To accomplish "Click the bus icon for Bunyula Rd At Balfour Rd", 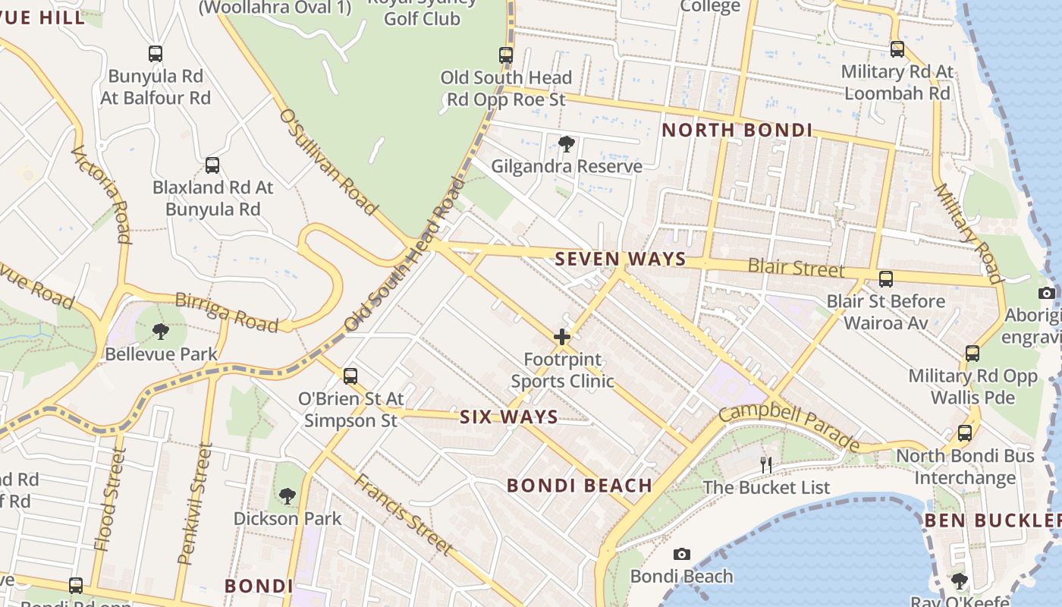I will click(x=156, y=54).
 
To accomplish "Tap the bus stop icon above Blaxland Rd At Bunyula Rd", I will click(x=212, y=165).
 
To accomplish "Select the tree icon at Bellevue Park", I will click(x=160, y=332).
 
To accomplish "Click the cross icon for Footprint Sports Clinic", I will click(x=562, y=337).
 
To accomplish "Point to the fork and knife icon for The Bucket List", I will click(x=766, y=464).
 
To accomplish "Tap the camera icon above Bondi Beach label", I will click(x=682, y=554).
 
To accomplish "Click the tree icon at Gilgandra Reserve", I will click(x=566, y=143).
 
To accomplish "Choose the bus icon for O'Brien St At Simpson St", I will click(x=350, y=376).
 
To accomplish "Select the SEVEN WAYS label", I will click(x=621, y=259).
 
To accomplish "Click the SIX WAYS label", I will click(x=509, y=417).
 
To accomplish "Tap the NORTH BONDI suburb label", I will click(x=737, y=130).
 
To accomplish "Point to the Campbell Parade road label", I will click(x=789, y=429).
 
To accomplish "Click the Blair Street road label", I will click(x=796, y=267).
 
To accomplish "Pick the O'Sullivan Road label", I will click(x=328, y=161).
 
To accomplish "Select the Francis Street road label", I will click(x=404, y=514).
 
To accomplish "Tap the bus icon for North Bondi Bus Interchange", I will click(x=965, y=433).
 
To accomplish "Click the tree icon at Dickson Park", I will click(x=287, y=496).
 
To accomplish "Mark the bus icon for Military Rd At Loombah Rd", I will click(x=897, y=49).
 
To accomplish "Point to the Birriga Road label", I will click(x=226, y=312).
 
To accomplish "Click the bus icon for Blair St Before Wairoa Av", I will click(x=885, y=278).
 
